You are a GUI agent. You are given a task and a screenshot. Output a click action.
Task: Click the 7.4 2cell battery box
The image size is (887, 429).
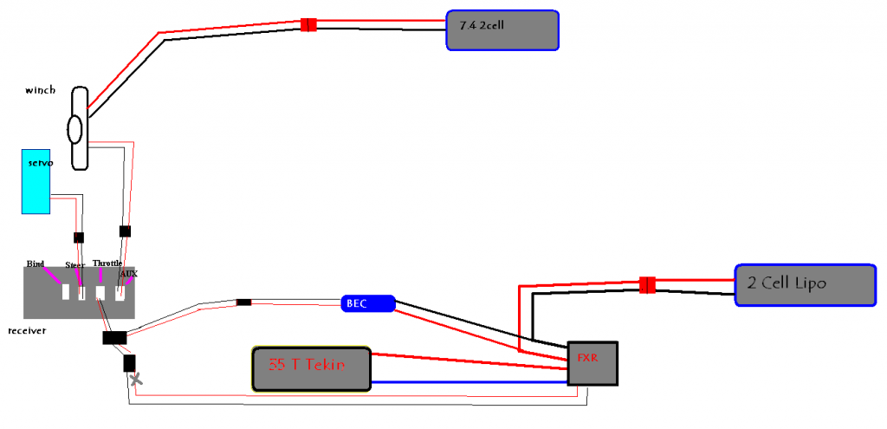[502, 30]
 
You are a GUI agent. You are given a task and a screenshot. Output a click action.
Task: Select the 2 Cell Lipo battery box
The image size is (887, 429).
[805, 284]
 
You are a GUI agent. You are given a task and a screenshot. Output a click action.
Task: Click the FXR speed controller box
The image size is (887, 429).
[592, 362]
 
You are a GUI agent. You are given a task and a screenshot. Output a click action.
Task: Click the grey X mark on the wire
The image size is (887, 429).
[135, 380]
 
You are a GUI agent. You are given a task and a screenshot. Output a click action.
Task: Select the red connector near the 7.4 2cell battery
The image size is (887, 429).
[308, 24]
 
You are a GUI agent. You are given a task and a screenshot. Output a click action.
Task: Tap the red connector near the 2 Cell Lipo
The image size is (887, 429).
[645, 285]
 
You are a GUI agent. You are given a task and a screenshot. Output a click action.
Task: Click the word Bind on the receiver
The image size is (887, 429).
[35, 263]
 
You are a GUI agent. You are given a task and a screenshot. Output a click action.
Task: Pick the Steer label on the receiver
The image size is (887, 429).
[74, 264]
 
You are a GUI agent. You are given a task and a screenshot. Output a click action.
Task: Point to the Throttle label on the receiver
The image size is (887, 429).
[107, 263]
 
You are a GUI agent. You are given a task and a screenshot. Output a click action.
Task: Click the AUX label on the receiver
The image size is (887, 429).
[129, 274]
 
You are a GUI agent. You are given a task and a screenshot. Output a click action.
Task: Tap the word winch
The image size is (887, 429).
[41, 88]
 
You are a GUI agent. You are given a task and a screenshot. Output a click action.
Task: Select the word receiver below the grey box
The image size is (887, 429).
[26, 331]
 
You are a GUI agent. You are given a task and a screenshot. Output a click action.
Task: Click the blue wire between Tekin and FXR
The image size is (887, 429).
[468, 382]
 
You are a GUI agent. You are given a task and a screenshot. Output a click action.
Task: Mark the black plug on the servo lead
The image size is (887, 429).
[79, 237]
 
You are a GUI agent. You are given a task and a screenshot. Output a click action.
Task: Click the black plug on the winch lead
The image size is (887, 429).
[125, 231]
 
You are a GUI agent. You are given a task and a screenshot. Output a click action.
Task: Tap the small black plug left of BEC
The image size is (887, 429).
[244, 302]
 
